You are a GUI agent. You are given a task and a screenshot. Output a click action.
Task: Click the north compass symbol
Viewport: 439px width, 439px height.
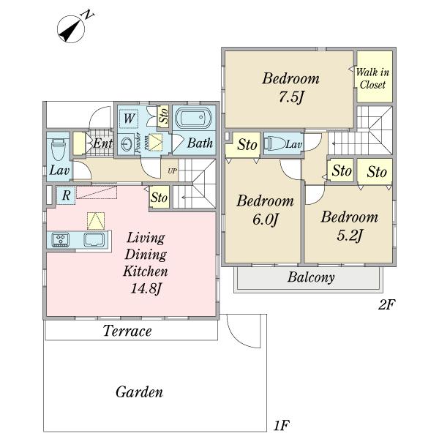pyautogui.click(x=71, y=29)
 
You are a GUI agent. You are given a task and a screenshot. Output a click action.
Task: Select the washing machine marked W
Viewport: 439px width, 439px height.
pyautogui.click(x=129, y=119)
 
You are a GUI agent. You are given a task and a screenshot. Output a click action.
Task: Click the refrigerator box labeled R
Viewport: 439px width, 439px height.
pyautogui.click(x=66, y=195)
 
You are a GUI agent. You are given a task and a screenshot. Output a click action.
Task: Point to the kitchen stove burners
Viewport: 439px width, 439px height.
pyautogui.click(x=61, y=240)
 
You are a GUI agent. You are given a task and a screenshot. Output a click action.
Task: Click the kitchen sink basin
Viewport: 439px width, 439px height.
pyautogui.click(x=94, y=240)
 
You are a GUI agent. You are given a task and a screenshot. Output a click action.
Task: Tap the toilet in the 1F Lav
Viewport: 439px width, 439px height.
pyautogui.click(x=59, y=150)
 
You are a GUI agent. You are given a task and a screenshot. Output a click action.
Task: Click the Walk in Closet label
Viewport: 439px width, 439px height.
pyautogui.click(x=372, y=78)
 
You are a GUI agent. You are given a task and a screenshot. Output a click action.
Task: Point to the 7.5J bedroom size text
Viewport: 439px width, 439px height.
pyautogui.click(x=290, y=97)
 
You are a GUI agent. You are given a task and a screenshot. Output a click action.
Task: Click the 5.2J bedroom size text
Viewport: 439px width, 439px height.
pyautogui.click(x=350, y=236)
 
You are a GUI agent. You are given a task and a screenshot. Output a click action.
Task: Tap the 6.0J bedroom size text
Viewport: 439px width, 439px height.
pyautogui.click(x=265, y=219)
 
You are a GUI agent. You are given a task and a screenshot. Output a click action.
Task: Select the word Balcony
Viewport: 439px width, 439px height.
pyautogui.click(x=311, y=277)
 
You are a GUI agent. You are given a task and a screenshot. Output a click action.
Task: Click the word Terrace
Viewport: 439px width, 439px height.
pyautogui.click(x=127, y=331)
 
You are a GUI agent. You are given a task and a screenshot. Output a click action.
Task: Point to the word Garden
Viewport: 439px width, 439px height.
pyautogui.click(x=139, y=391)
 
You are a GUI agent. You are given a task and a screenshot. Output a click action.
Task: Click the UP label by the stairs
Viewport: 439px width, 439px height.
pyautogui.click(x=172, y=170)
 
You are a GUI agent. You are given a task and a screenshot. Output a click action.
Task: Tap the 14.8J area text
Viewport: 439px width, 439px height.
pyautogui.click(x=146, y=288)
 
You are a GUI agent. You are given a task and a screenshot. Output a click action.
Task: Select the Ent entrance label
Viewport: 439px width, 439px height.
pyautogui.click(x=102, y=143)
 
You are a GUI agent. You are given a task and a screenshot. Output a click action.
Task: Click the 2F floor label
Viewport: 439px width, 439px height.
pyautogui.click(x=386, y=304)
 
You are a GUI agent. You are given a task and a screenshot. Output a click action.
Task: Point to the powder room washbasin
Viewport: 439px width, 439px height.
pyautogui.click(x=127, y=143)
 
